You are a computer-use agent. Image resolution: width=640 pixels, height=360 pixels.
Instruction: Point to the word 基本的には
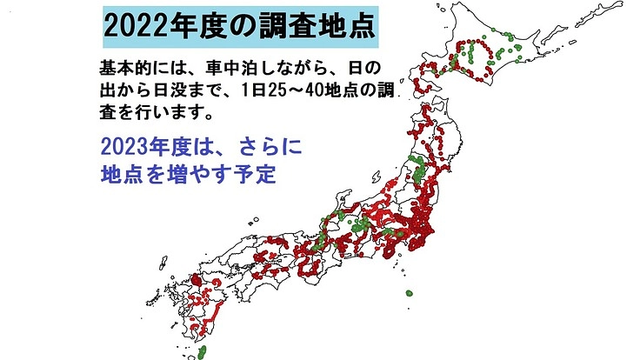(138, 68)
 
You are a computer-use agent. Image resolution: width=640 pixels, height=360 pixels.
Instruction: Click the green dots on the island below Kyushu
(203, 351)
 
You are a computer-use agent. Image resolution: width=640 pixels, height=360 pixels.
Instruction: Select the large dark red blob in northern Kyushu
(195, 283)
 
